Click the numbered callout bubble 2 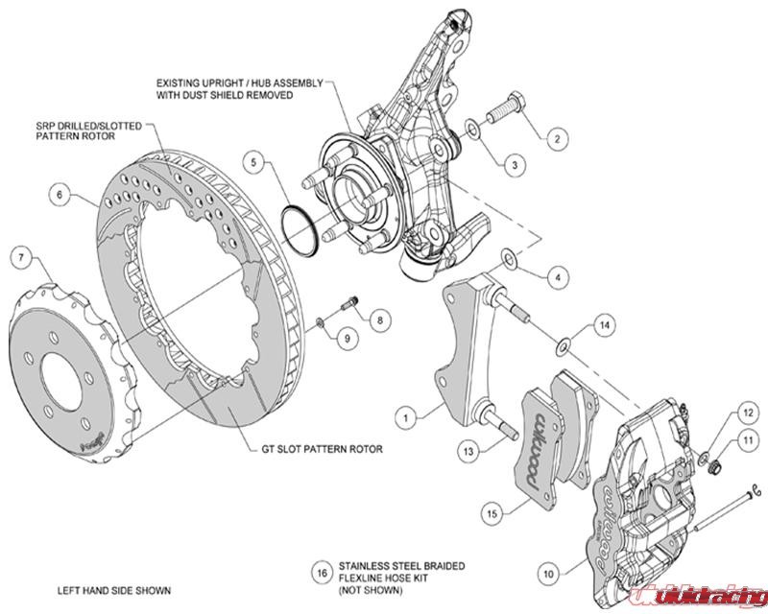[554, 138]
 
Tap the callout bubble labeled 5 [253, 162]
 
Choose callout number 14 [603, 326]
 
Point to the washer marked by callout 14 [566, 342]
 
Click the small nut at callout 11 [713, 465]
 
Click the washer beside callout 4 [506, 256]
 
